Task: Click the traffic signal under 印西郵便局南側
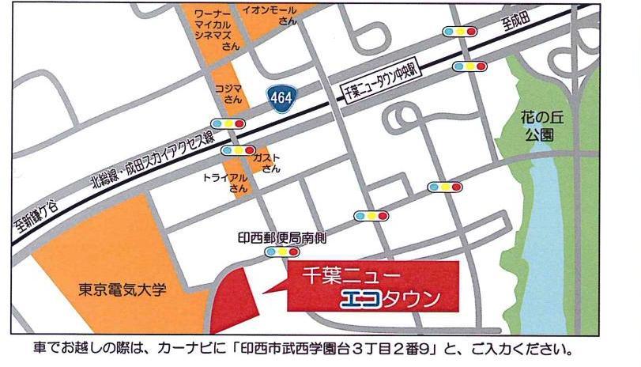281,252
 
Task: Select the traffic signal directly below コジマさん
228,123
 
